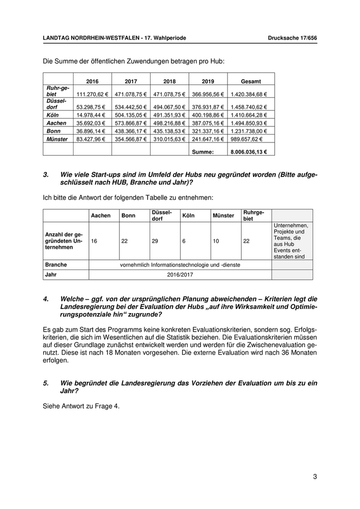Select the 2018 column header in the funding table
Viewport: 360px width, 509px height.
coord(169,81)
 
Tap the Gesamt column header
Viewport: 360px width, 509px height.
coord(251,81)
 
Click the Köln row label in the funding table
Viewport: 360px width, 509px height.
coord(53,115)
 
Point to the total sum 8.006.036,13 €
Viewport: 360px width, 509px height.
coord(252,152)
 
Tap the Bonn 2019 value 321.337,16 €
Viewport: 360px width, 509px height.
coord(208,131)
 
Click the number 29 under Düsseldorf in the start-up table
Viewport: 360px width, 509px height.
coord(155,241)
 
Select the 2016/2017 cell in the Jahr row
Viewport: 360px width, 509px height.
coord(179,275)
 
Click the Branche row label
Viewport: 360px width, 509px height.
coord(56,265)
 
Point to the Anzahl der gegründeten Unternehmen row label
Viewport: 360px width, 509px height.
coord(63,241)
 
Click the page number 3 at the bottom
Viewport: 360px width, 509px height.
coord(315,477)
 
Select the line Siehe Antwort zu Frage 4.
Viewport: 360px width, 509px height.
coord(81,406)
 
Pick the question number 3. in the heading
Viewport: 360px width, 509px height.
coord(46,175)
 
